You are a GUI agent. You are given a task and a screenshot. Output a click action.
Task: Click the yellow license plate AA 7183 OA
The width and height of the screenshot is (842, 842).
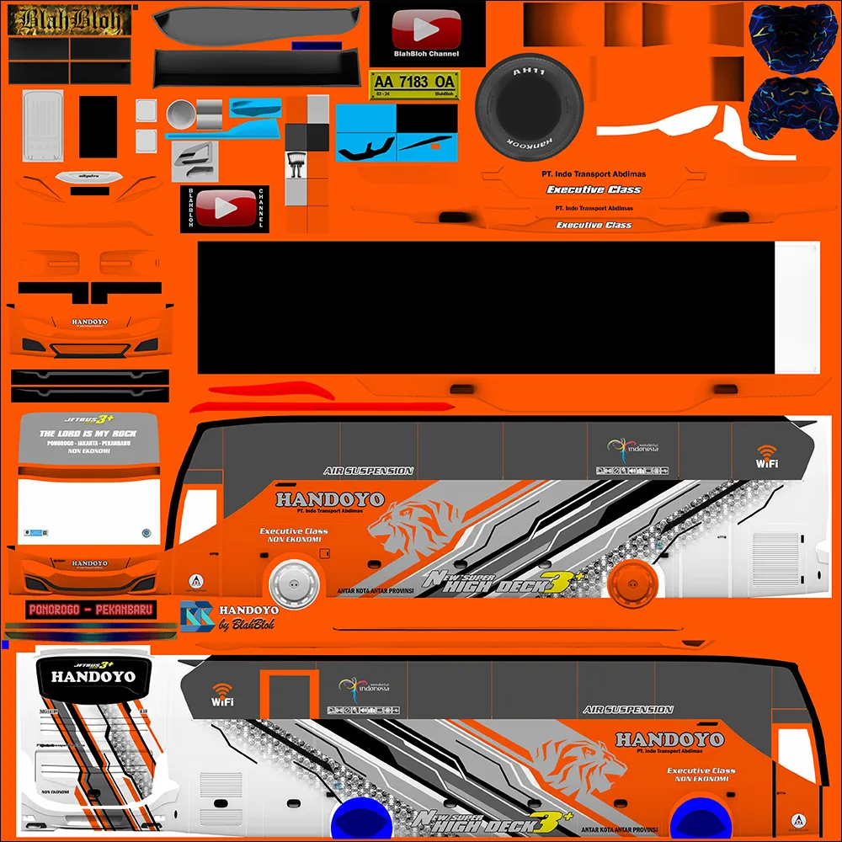[x=414, y=83]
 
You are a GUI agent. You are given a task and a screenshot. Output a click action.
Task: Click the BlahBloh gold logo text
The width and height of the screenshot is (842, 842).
[x=69, y=20]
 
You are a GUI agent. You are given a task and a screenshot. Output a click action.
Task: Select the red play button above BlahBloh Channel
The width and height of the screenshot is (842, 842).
[x=427, y=31]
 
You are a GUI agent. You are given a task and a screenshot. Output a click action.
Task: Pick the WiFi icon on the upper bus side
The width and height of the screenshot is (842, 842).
[x=766, y=456]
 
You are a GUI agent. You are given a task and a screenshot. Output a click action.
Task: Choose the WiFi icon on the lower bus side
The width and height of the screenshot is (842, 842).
[x=222, y=694]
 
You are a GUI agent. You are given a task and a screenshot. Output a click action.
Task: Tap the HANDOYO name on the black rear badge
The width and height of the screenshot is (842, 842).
[x=93, y=676]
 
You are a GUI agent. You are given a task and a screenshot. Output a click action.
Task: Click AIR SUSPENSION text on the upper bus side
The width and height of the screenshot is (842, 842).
[x=368, y=472]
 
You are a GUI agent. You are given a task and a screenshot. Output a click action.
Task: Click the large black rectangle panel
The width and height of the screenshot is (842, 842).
[x=484, y=307]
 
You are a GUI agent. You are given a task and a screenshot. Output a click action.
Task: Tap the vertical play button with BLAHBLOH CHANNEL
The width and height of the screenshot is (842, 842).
[x=223, y=208]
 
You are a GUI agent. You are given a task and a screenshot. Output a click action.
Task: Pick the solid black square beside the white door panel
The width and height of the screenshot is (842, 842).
[x=98, y=126]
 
